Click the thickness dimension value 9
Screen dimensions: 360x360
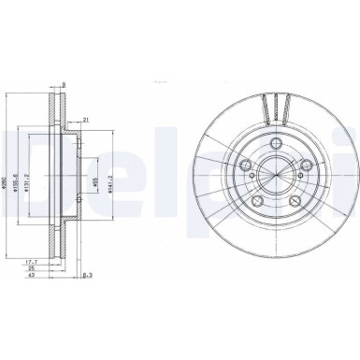tap(64, 86)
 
